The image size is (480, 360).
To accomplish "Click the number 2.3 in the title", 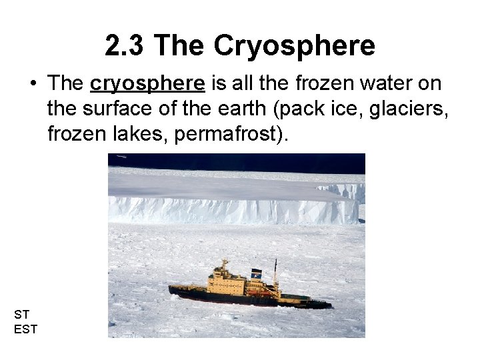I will coord(125,46).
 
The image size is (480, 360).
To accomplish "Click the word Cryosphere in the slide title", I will coord(294,46).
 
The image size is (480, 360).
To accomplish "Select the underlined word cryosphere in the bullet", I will coord(147,83).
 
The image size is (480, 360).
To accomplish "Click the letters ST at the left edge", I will coord(21,314).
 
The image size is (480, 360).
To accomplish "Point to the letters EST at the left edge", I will coord(25,328).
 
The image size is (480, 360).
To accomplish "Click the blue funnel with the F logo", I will coord(256,273).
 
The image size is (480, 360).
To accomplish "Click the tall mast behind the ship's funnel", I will coord(275,274).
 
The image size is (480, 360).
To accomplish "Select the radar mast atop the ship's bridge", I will coord(223,265).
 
